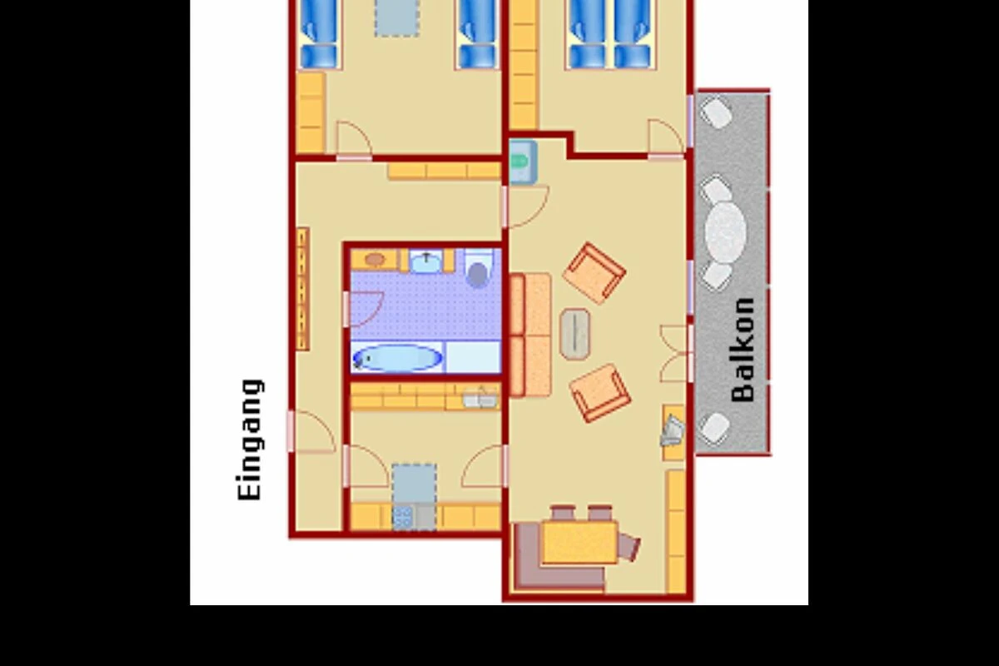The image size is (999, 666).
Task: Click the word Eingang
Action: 250,440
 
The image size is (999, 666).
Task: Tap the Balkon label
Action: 743,350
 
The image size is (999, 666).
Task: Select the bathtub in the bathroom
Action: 397,358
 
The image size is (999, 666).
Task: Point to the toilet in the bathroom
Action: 478,269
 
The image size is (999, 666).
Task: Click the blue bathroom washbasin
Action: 426,261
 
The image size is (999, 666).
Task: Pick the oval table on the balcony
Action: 725,232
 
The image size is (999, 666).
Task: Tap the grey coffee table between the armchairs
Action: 575,334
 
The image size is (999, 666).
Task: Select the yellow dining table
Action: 579,542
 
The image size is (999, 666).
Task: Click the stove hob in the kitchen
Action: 403,517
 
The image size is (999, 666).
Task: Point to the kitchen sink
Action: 480,398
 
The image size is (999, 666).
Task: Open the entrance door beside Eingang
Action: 311,432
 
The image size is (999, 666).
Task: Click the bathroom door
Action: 364,309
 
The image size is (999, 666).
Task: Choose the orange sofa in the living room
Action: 530,335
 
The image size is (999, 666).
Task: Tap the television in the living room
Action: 672,431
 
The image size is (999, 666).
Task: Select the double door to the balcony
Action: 676,353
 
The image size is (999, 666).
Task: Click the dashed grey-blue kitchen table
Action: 415,483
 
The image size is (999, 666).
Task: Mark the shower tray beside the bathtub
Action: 473,356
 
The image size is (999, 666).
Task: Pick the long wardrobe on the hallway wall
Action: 303,289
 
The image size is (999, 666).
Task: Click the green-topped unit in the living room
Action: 523,162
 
